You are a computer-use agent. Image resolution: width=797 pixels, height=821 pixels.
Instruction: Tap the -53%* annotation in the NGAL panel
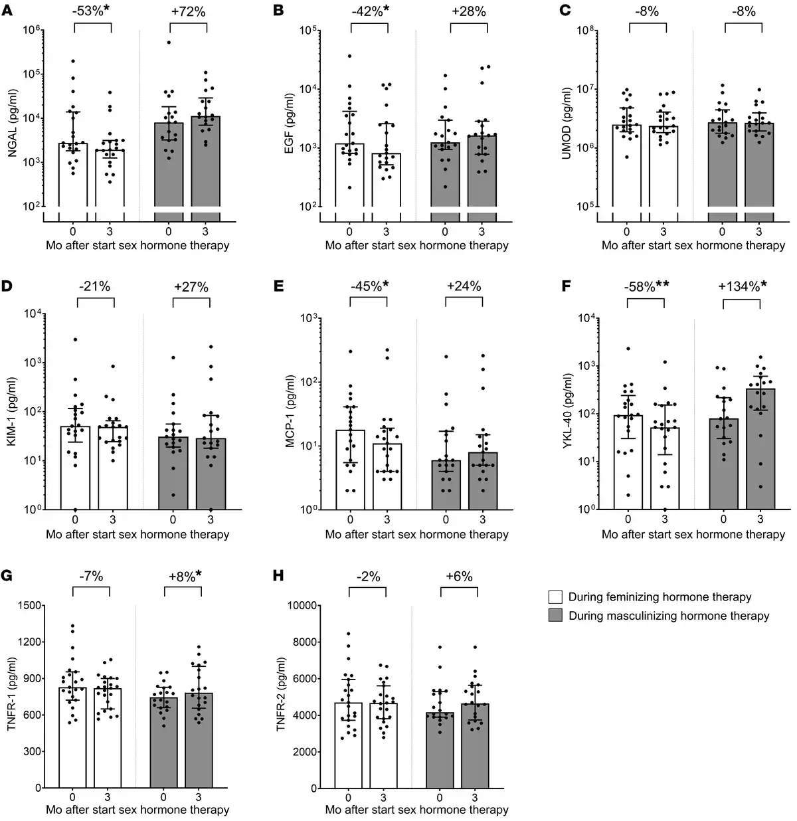[x=92, y=11]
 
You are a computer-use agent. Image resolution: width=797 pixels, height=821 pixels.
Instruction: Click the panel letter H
[x=279, y=575]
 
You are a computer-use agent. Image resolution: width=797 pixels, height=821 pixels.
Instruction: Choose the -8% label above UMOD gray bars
[x=742, y=11]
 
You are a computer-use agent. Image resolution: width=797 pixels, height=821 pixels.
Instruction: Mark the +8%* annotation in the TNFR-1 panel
[x=182, y=576]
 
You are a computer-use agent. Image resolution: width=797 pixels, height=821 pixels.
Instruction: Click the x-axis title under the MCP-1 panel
[x=416, y=533]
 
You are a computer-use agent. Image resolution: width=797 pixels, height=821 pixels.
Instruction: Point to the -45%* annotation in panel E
[x=369, y=286]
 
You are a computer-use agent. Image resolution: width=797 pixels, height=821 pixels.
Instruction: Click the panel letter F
[x=566, y=286]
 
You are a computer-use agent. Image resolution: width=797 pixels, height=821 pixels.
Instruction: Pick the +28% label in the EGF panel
[x=468, y=11]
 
